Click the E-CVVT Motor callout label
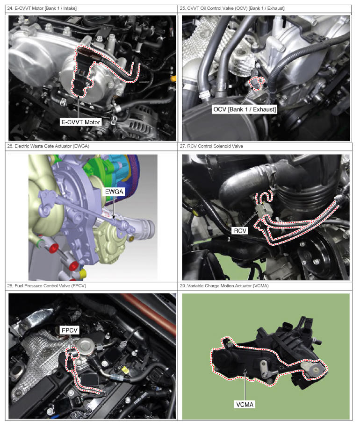tap(81, 122)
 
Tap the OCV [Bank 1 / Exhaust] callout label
tap(245, 109)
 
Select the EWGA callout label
tap(114, 192)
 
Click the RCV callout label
tap(240, 231)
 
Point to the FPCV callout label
tap(70, 330)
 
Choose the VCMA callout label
tap(245, 405)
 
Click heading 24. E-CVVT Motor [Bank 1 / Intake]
tap(42, 8)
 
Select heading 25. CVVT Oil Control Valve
tap(232, 8)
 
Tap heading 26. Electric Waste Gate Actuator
tap(48, 146)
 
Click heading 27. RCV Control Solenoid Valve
tap(211, 146)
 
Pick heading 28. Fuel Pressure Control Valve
tap(47, 285)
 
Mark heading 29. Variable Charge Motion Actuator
tap(224, 285)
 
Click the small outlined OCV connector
tap(257, 83)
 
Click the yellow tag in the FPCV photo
tap(125, 370)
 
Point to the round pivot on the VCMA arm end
tap(315, 370)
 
